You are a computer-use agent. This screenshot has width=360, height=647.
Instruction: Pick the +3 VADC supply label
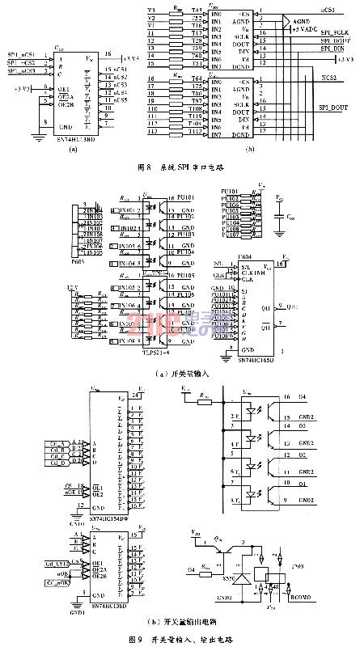pos(309,29)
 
